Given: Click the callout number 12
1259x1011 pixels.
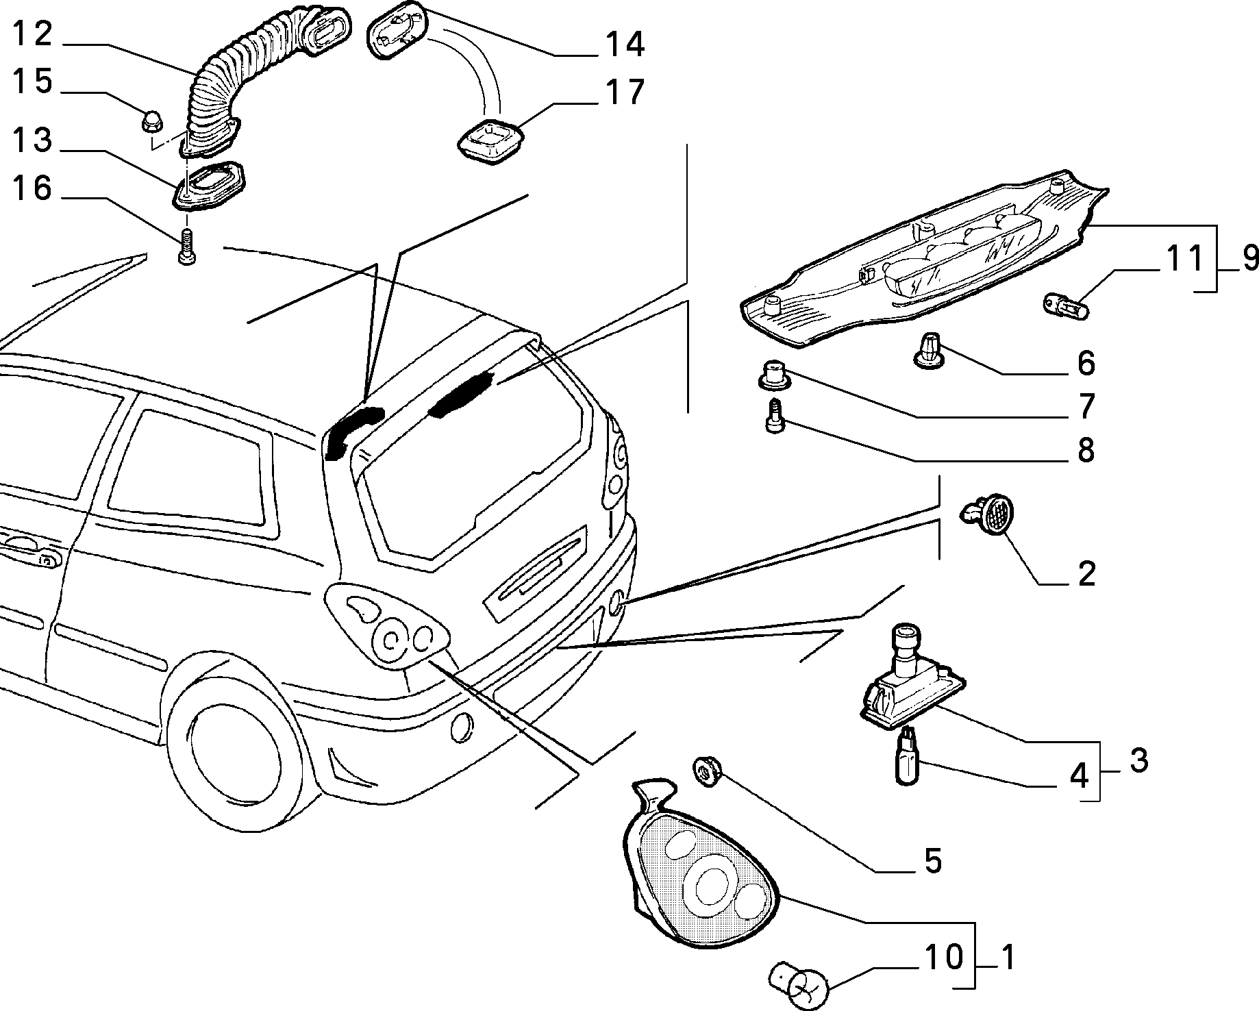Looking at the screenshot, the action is (33, 34).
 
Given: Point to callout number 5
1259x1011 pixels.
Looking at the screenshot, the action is (932, 861).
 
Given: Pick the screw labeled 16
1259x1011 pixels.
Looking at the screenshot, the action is (186, 247).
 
